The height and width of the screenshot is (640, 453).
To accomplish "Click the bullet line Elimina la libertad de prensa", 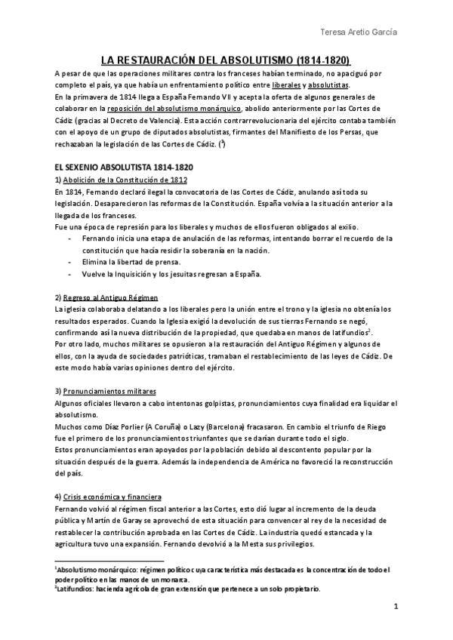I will coord(133,261).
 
